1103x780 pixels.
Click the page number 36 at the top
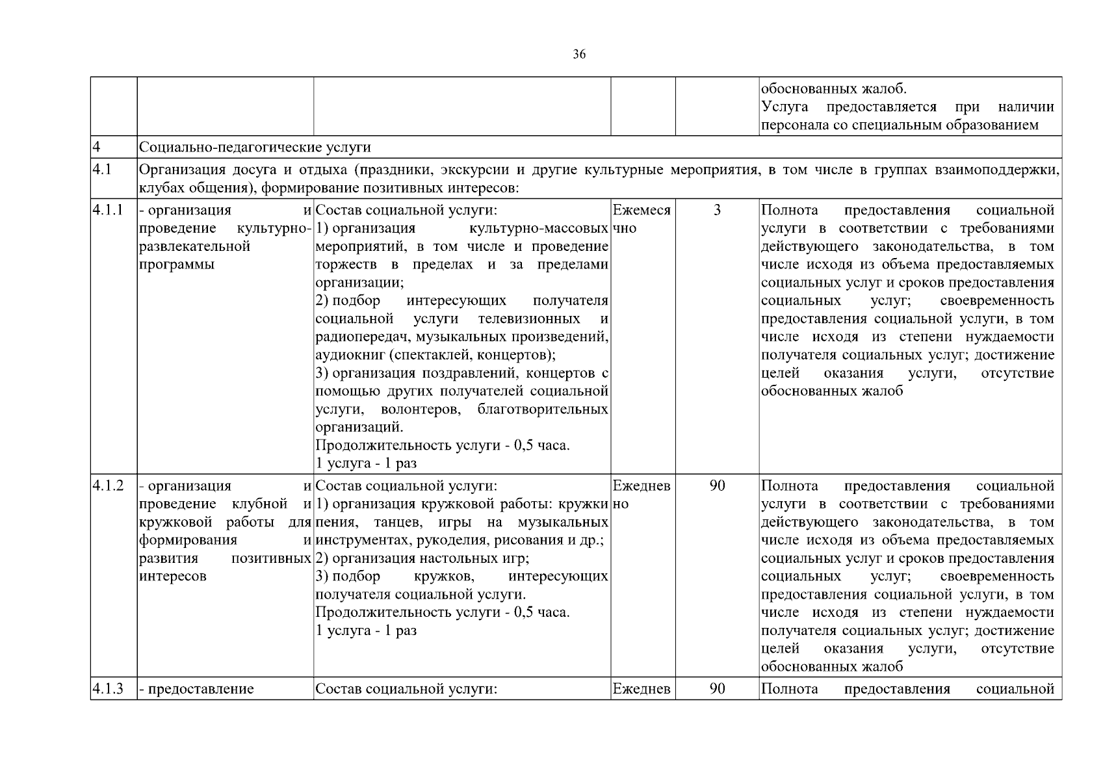(x=579, y=55)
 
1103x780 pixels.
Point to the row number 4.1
(x=102, y=170)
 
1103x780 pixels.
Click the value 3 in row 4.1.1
(x=717, y=210)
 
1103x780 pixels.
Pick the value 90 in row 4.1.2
(x=717, y=486)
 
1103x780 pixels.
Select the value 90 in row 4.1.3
(x=717, y=689)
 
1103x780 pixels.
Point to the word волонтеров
(x=422, y=409)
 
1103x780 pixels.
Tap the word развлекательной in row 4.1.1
(x=195, y=247)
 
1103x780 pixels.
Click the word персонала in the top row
(x=795, y=125)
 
